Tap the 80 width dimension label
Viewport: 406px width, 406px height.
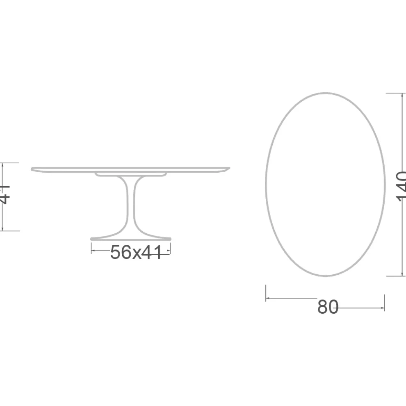(328, 307)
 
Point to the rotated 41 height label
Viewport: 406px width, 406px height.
(4, 194)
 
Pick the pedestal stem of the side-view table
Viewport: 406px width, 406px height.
(132, 205)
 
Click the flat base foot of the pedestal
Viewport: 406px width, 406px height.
(130, 238)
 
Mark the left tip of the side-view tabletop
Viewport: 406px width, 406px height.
(32, 169)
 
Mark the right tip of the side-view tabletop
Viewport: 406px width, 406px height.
(229, 168)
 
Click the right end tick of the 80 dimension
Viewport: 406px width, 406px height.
(384, 302)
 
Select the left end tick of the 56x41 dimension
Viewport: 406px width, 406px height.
(91, 249)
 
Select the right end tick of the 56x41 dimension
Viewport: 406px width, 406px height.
(170, 249)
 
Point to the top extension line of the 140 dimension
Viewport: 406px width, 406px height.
(395, 94)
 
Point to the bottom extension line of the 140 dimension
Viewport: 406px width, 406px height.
(395, 276)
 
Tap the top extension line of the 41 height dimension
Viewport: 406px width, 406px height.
(10, 163)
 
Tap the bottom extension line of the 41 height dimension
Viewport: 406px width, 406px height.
(10, 231)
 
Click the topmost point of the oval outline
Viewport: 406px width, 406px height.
(326, 93)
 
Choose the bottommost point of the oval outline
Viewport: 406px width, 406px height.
(326, 276)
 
